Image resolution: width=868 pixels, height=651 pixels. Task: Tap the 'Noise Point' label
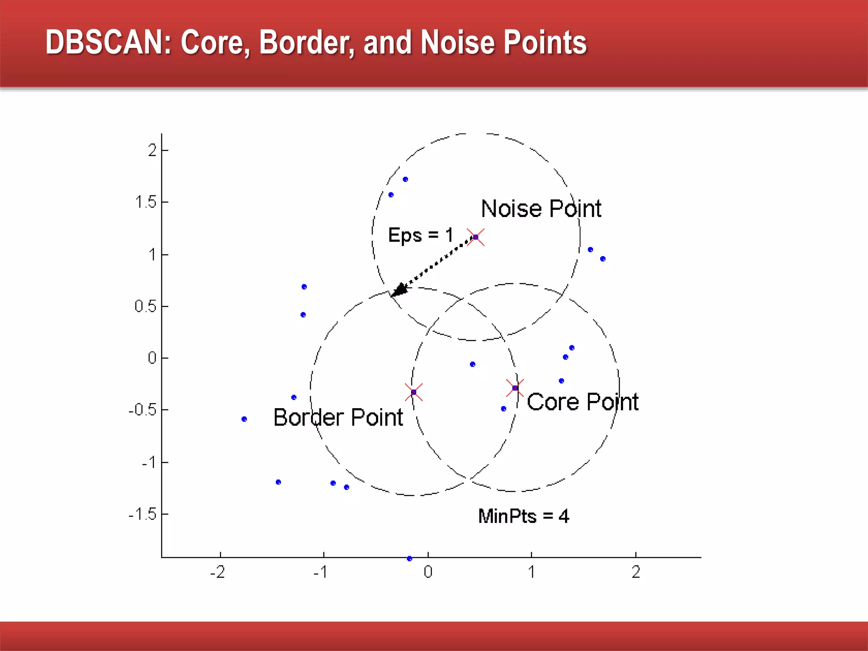pos(541,209)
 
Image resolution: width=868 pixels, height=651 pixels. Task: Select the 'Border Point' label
pos(338,417)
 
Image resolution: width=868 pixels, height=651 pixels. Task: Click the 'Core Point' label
pos(582,402)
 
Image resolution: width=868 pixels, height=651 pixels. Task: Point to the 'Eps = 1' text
pos(420,235)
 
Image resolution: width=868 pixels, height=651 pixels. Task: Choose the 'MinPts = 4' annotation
pos(523,516)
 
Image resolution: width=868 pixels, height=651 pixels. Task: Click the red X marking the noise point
pos(476,237)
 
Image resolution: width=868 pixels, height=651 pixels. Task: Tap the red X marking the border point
pos(414,392)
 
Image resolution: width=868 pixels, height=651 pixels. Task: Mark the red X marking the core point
pos(515,388)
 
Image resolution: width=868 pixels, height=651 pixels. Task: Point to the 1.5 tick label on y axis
pos(146,202)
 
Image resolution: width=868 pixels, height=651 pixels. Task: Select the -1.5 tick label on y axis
pos(142,515)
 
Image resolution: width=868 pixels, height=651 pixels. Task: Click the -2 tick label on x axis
pos(218,572)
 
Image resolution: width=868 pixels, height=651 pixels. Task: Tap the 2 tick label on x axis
pos(636,572)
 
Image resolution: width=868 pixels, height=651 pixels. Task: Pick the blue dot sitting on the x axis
pos(409,559)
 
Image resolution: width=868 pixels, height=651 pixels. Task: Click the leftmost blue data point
pos(244,419)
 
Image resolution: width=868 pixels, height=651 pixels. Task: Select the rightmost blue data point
pos(603,259)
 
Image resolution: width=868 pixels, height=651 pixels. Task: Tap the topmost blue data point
pos(405,179)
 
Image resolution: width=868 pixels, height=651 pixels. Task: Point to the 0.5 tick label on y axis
pos(145,306)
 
